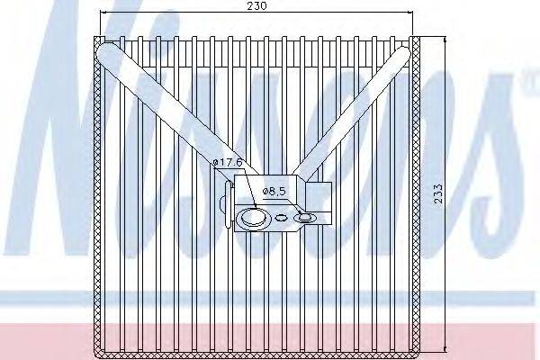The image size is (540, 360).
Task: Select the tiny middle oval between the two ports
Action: pyautogui.click(x=283, y=217)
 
